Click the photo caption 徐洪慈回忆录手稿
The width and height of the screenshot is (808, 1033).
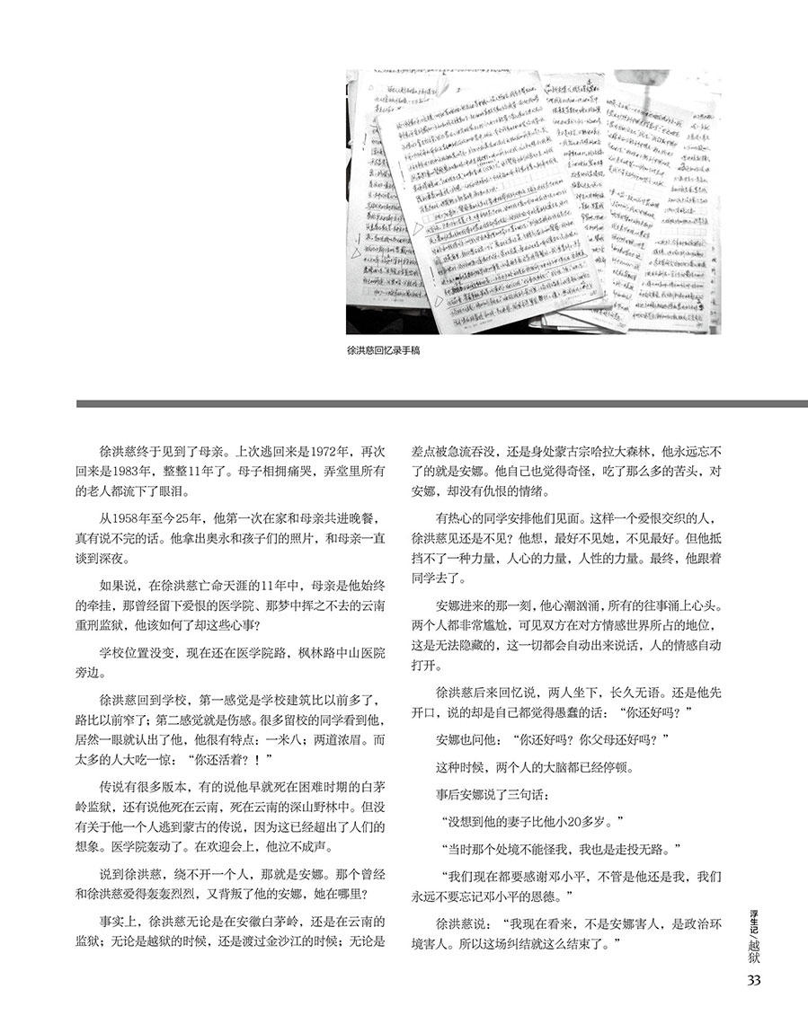383,353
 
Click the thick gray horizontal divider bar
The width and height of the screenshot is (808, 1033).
441,403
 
